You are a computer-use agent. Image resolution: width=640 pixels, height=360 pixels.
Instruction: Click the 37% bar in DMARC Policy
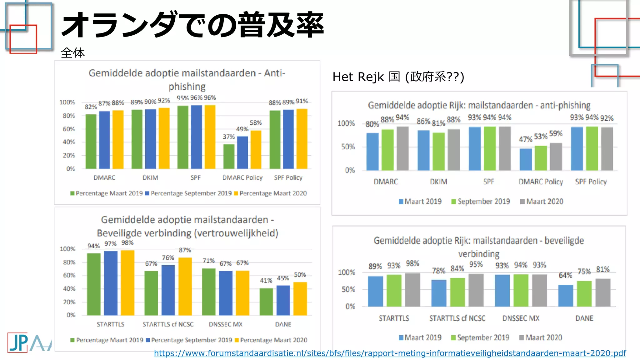coord(229,156)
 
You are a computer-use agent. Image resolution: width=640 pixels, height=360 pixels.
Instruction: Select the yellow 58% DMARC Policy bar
coord(256,150)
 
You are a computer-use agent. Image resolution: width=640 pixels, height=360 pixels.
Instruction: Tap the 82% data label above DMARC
coord(91,107)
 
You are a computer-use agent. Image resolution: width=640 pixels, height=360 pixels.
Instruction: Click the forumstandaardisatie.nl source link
coord(390,353)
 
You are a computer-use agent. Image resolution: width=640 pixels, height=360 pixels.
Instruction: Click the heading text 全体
coord(72,53)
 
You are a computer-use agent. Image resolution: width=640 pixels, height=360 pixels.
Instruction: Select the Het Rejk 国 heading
coord(398,77)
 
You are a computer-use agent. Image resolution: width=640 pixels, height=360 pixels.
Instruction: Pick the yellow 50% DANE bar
coord(300,298)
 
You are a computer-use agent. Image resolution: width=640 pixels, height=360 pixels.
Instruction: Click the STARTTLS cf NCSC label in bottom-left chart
coord(168,324)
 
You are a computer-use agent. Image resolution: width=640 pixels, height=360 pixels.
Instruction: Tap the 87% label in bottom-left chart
coord(185,250)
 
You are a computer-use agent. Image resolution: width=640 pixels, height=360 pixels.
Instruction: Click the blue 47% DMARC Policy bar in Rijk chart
coord(526,159)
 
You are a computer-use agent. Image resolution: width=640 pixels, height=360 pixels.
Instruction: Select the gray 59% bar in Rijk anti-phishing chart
coord(556,157)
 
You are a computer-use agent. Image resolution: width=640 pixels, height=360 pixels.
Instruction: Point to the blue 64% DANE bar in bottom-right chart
coord(565,296)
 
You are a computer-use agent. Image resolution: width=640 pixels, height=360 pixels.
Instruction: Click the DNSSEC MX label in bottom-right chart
coord(521,318)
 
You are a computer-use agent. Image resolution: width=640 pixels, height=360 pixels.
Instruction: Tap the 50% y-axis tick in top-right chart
coord(348,147)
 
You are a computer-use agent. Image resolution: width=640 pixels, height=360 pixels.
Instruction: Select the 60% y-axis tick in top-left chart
coord(69,129)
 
